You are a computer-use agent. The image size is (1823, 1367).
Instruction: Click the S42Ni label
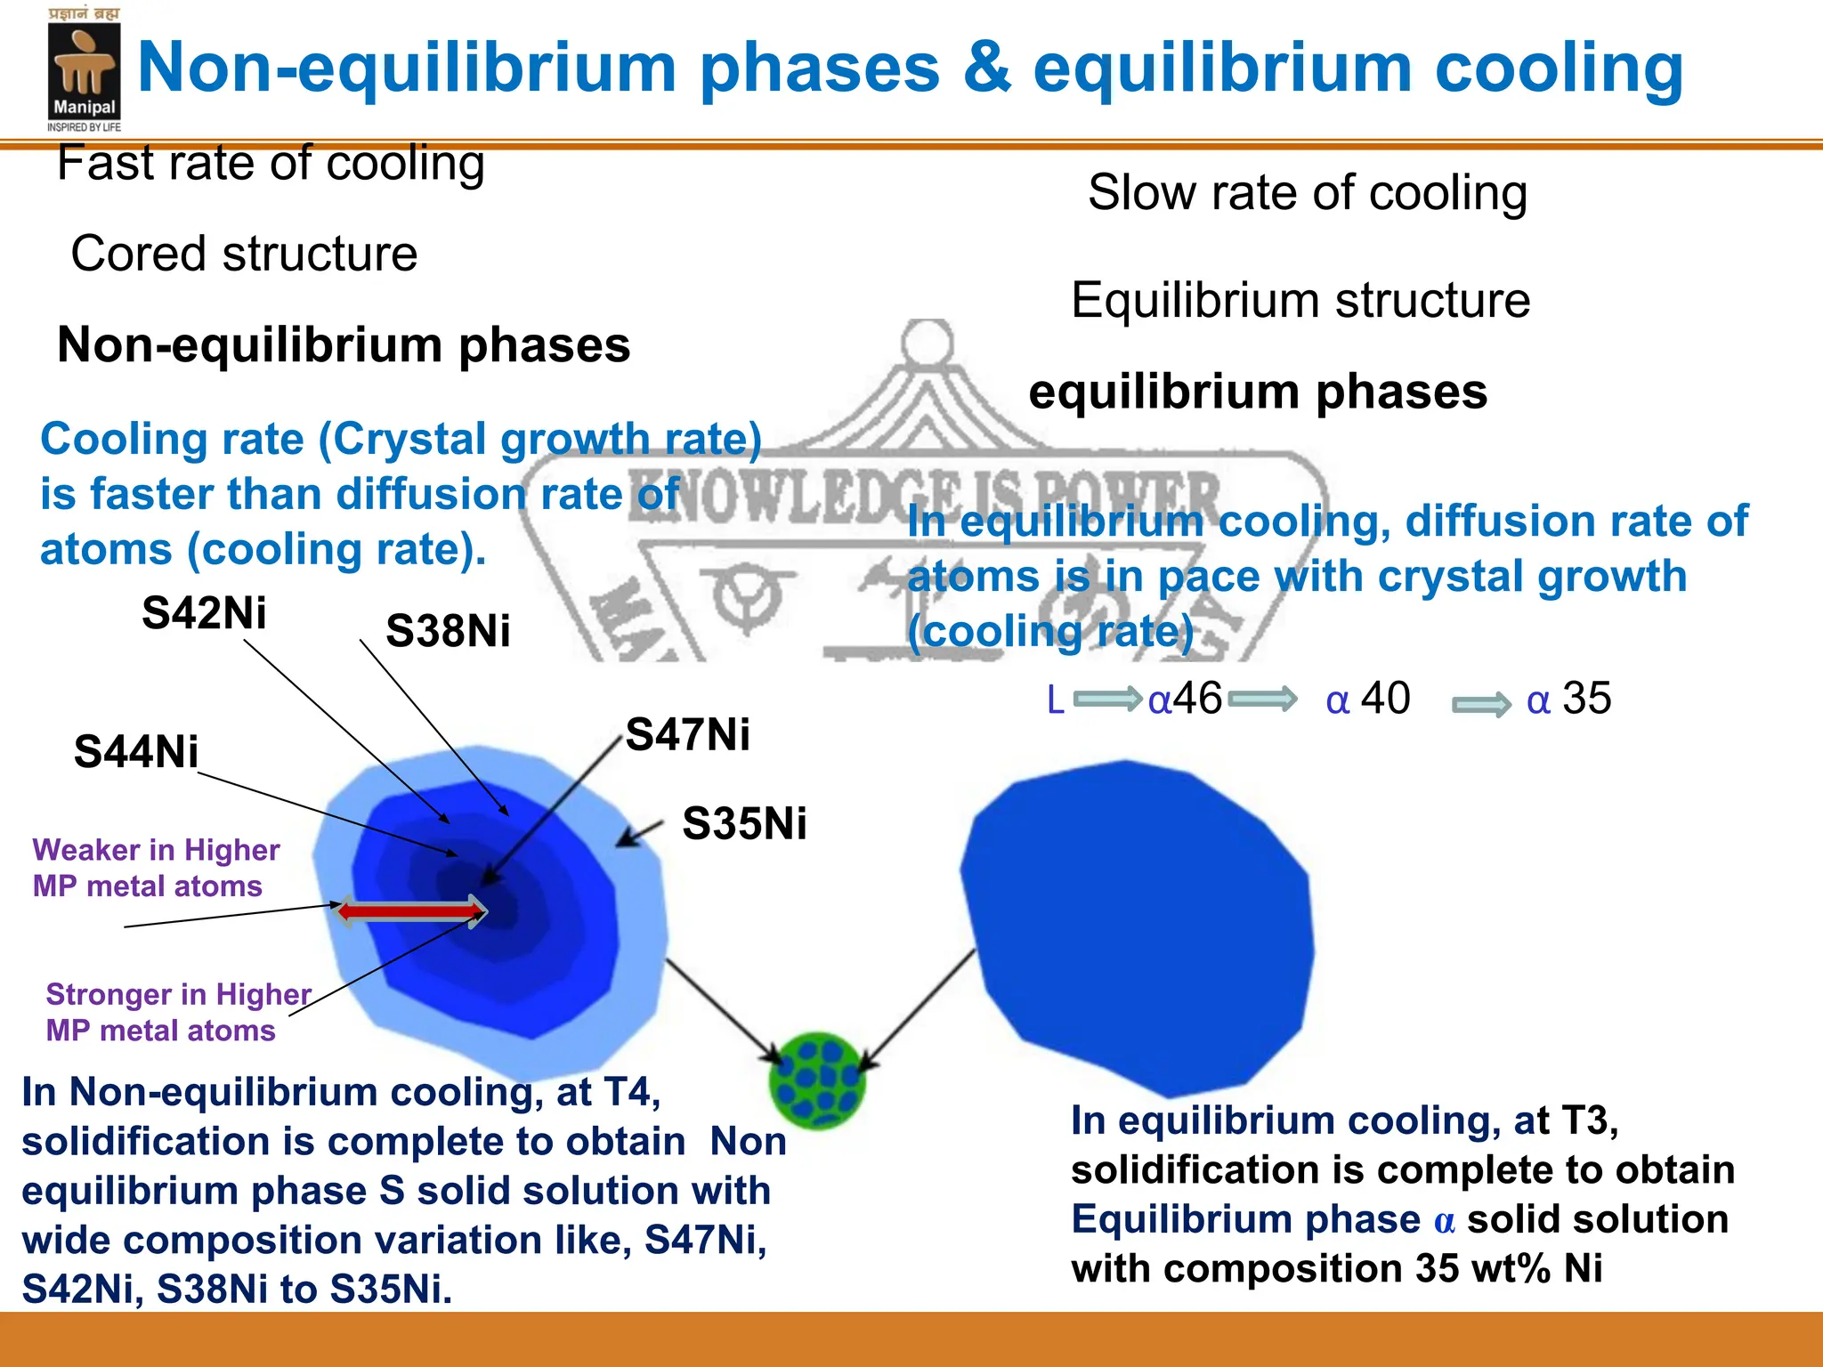point(204,613)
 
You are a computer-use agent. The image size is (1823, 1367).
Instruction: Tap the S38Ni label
point(448,631)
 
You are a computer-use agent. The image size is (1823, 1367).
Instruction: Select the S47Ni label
point(687,735)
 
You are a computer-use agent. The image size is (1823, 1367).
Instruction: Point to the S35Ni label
point(744,823)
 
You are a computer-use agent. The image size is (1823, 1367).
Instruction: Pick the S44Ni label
point(136,751)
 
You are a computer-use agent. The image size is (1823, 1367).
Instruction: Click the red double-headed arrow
point(411,910)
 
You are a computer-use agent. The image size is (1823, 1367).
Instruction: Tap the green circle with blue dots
point(817,1080)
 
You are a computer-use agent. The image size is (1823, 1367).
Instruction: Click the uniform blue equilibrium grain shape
point(1139,926)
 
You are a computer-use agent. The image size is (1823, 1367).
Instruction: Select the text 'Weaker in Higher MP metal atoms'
point(156,868)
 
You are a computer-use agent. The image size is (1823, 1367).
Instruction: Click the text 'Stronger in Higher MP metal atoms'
point(177,1012)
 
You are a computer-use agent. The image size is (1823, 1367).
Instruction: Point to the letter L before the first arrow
point(1056,700)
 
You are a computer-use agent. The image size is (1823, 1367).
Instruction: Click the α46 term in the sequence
point(1185,699)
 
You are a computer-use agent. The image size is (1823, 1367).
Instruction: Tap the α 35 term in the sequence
point(1568,699)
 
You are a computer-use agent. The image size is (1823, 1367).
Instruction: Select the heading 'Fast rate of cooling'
point(271,164)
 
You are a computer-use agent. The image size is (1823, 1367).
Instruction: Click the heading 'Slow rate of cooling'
point(1307,192)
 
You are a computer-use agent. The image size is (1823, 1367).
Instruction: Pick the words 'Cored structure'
point(244,255)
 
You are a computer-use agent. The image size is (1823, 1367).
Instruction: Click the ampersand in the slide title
point(986,68)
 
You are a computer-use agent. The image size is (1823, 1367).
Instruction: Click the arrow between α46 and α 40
point(1262,700)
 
